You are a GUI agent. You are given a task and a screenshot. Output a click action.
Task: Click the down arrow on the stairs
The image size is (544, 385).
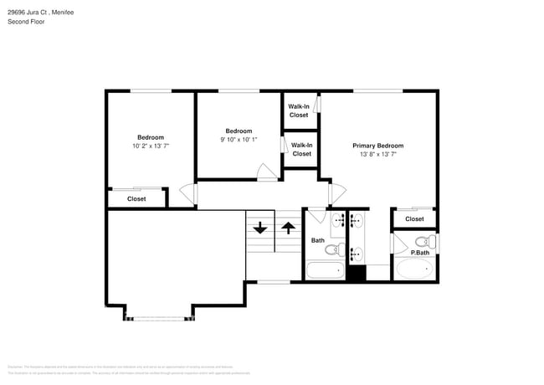pos(259,227)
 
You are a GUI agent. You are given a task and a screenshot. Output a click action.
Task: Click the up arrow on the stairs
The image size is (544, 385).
pos(287,227)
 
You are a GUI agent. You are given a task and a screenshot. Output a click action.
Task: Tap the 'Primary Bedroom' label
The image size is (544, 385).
pos(377,145)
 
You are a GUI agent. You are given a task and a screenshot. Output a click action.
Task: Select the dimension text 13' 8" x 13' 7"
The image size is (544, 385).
pos(377,154)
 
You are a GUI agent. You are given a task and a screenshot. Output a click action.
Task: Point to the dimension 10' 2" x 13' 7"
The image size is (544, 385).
pos(151,146)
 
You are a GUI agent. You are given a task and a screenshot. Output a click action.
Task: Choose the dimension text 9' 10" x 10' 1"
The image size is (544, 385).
pos(239,139)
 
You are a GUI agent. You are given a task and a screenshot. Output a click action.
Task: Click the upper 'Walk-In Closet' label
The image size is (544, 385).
pos(299,110)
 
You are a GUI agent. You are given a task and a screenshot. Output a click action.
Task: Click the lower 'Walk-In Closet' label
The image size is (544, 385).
pos(301,149)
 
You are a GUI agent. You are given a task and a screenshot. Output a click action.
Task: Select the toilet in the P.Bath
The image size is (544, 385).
pos(421,242)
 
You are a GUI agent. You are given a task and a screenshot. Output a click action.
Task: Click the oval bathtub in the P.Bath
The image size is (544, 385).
pos(414,269)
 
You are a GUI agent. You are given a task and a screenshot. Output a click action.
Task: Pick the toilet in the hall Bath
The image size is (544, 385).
pos(331,249)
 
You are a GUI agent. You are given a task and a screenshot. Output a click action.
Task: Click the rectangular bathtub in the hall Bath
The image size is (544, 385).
pos(324,271)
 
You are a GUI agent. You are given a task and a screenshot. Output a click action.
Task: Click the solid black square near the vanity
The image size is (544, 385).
pos(357,273)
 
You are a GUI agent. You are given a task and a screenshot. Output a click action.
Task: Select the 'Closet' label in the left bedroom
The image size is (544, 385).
pos(136,199)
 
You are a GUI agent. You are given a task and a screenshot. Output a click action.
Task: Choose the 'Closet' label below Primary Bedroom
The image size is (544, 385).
pos(414,219)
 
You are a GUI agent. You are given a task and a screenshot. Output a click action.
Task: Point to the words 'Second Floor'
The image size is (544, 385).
pos(26,22)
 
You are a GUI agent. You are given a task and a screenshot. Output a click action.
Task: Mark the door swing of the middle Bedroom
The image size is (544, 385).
pos(266,173)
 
